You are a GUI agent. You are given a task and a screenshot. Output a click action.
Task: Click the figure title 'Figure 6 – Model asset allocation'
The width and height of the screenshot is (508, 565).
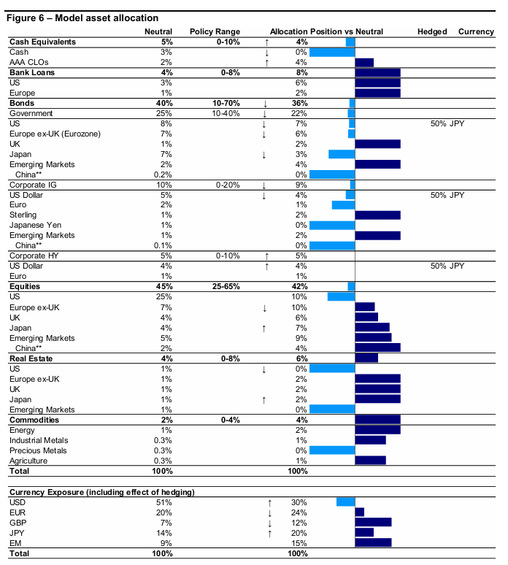(82, 18)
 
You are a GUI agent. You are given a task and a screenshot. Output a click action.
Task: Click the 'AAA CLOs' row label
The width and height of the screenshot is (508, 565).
(29, 63)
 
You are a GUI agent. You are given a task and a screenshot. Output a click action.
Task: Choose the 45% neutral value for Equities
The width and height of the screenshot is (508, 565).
(163, 286)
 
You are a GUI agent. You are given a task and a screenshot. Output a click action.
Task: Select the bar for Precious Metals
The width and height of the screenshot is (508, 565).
(332, 450)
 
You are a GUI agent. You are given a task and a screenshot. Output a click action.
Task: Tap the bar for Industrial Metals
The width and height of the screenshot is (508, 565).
(370, 440)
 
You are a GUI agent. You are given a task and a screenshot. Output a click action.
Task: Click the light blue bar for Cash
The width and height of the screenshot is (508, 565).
(332, 53)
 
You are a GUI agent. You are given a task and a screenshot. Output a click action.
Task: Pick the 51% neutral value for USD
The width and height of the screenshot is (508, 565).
(165, 502)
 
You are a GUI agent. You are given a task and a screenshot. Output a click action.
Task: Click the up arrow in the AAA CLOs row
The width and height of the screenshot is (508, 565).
(267, 63)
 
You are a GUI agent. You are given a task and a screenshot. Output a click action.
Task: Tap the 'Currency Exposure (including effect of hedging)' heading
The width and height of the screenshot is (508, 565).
(101, 492)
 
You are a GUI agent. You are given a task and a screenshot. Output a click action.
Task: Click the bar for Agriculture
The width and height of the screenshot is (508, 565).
(370, 461)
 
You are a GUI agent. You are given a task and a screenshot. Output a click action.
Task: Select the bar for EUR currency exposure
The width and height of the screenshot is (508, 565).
(359, 512)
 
